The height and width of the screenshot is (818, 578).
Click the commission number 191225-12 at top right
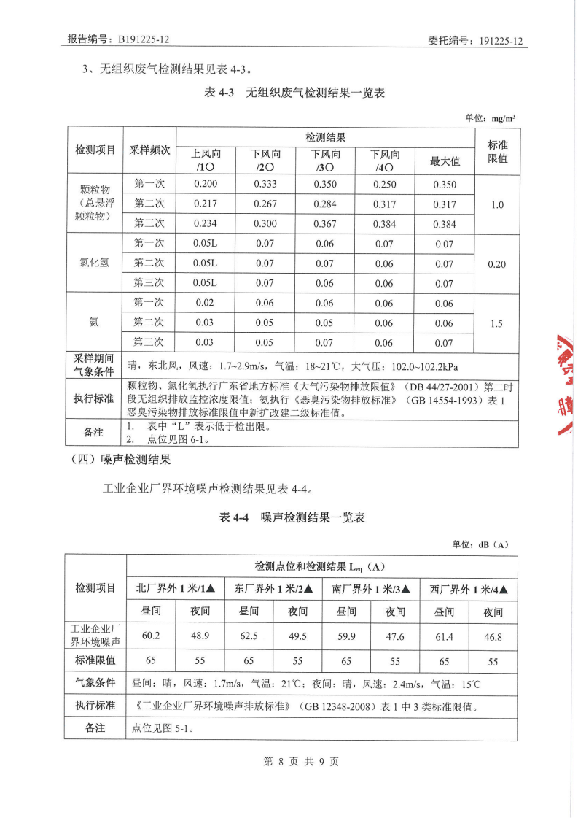(x=502, y=41)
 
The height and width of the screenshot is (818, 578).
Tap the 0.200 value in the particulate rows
(x=206, y=185)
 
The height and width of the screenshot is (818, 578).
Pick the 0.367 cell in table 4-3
(x=325, y=224)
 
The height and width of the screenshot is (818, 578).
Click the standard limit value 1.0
(x=497, y=204)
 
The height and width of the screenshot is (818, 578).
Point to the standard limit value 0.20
(x=496, y=264)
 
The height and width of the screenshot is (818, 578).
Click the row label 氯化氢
(x=95, y=263)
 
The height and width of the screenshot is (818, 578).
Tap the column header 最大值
(x=445, y=161)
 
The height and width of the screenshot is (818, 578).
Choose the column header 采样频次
(x=149, y=150)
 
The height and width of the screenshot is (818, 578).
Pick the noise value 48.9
(x=200, y=636)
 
